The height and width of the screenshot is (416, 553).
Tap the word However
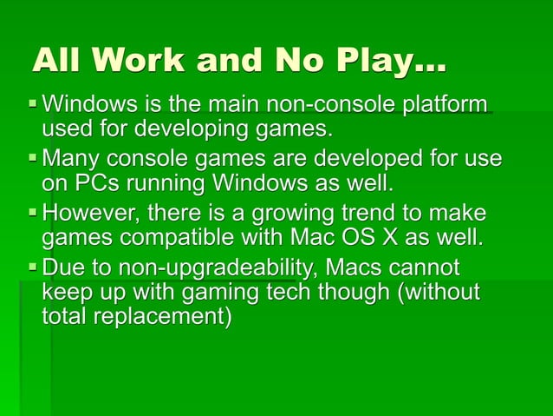(x=89, y=213)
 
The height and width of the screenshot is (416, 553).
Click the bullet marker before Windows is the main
(x=33, y=107)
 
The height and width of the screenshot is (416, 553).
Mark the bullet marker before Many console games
(x=33, y=160)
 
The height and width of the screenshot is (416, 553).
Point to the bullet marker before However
(x=33, y=214)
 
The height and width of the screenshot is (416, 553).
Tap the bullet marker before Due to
(x=33, y=267)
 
